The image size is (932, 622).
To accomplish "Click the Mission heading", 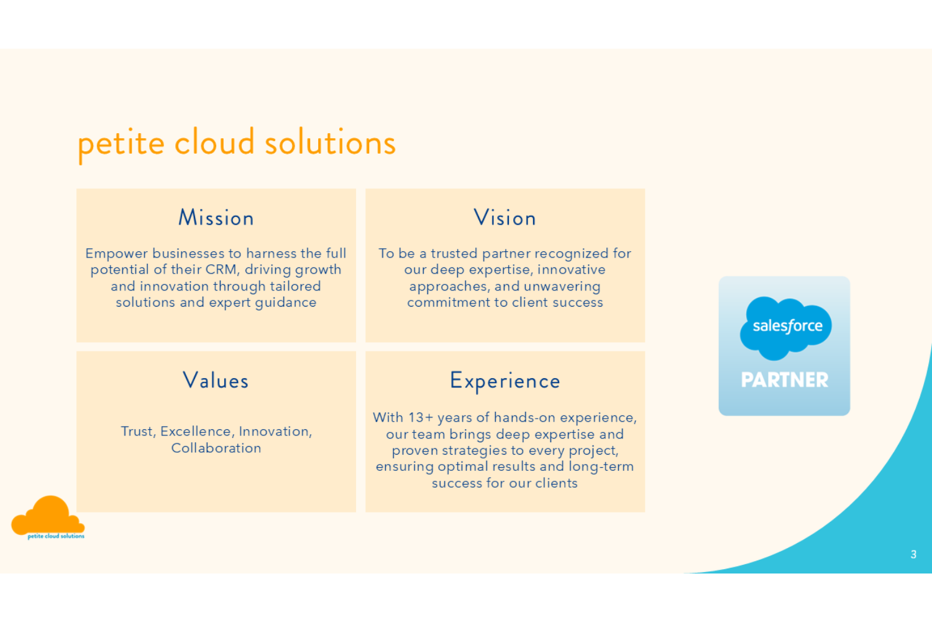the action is (x=216, y=218).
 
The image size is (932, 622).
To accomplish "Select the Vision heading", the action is (x=505, y=218).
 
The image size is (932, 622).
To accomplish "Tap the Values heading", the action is (x=216, y=380).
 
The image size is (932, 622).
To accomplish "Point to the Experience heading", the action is (x=505, y=381).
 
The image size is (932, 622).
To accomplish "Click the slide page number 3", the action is (x=913, y=554).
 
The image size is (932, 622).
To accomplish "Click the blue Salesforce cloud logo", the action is (x=785, y=328).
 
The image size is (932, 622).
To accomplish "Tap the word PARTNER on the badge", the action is (x=784, y=379).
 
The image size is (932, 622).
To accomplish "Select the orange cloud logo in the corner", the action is (x=48, y=517).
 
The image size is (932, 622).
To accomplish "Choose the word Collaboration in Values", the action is (x=216, y=448).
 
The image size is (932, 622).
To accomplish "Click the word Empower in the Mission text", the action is (x=117, y=254).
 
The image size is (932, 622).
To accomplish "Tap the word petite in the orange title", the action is (x=121, y=144).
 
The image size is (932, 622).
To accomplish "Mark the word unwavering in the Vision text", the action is (x=562, y=286).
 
